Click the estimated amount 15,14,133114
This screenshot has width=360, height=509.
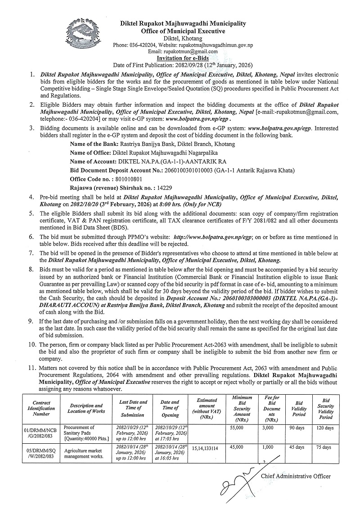point(205,448)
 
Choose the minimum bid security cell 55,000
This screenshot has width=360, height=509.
point(236,428)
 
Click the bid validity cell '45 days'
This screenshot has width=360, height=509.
point(297,447)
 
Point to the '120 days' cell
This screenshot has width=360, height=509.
point(324,428)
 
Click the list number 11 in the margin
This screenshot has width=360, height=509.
point(30,368)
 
